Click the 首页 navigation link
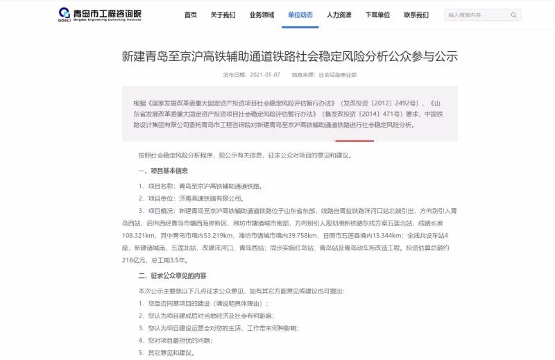(x=190, y=15)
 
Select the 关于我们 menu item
(x=223, y=15)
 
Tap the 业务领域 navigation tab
(x=262, y=15)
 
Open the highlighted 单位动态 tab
(x=300, y=15)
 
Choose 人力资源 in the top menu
(x=339, y=15)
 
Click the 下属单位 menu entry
(x=377, y=15)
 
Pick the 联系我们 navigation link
(x=416, y=15)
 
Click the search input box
(x=477, y=15)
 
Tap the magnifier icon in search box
(x=514, y=15)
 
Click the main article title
(x=289, y=56)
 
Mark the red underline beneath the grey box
(x=355, y=141)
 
